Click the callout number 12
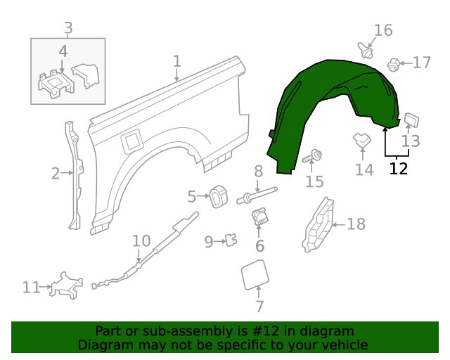point(398,169)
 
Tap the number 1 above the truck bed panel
point(177,61)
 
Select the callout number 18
point(356,224)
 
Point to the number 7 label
point(259,307)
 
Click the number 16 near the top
point(383,30)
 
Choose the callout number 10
point(141,241)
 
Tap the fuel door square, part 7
point(255,274)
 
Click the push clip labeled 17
point(394,65)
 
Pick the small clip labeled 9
point(229,241)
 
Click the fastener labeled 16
point(365,51)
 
